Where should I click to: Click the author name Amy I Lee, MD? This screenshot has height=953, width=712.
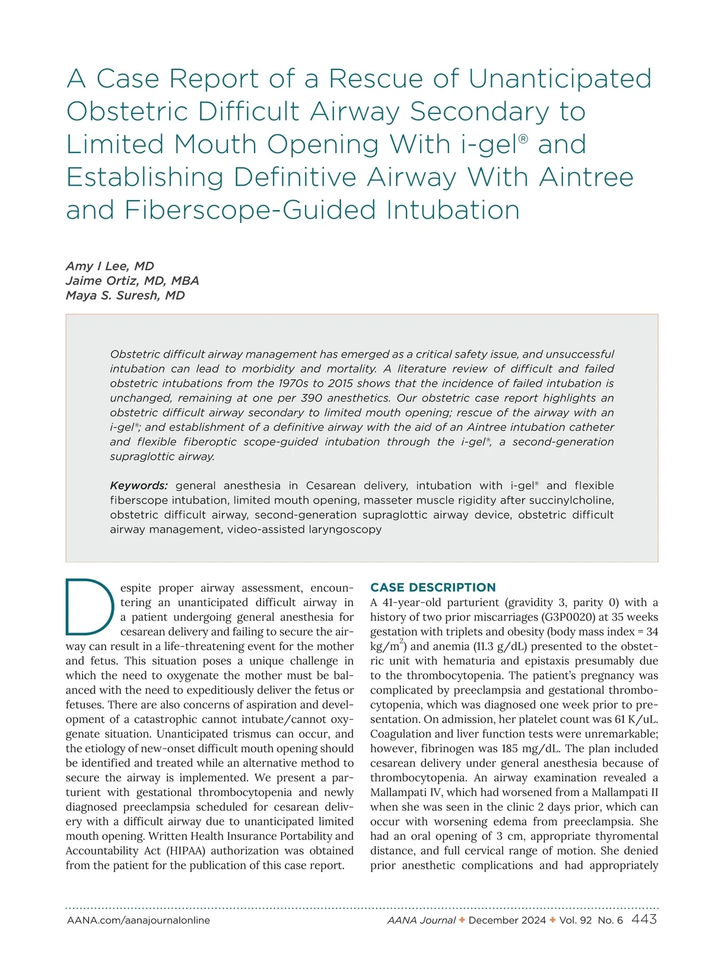(x=110, y=266)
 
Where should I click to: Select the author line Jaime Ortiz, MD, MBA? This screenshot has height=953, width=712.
(x=132, y=281)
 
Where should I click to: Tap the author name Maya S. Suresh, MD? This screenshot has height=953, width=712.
(x=125, y=296)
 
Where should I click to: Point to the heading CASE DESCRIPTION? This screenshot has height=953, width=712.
(x=433, y=587)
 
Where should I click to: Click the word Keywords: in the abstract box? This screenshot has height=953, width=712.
(x=139, y=485)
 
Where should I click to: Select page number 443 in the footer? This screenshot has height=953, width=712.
(x=644, y=919)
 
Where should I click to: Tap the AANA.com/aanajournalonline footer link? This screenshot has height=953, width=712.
(x=138, y=920)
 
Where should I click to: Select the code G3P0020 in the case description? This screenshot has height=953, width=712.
(x=570, y=617)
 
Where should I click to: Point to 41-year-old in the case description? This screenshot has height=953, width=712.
(x=410, y=602)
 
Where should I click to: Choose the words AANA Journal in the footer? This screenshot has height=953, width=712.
(x=421, y=920)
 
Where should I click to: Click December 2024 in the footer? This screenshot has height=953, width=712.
(x=507, y=920)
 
